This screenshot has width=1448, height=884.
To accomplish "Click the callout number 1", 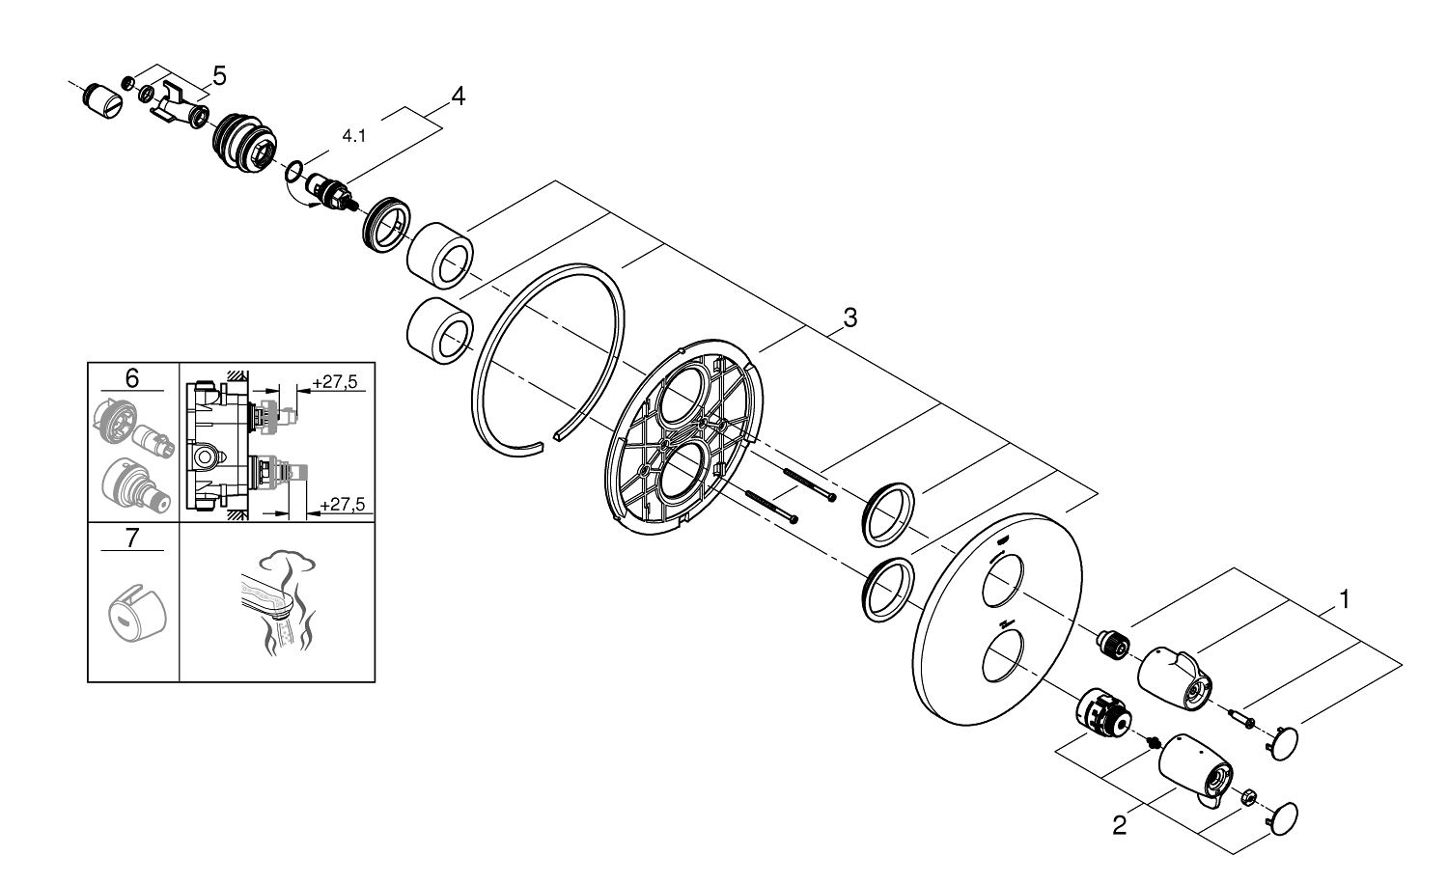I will pos(1344,599).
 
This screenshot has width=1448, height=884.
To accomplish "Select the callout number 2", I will pos(1119,826).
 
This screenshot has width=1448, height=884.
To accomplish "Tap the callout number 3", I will pos(849,317).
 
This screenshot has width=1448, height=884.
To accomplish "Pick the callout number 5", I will pos(219,74).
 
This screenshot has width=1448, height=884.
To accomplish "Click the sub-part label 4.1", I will pos(354,137).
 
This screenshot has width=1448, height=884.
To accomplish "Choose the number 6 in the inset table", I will pos(132,377).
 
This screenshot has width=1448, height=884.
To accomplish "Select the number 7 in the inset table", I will pos(132,538).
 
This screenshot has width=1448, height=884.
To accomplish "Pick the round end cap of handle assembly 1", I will pos(1283,745).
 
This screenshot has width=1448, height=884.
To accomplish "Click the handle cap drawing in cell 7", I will pos(134,608).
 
